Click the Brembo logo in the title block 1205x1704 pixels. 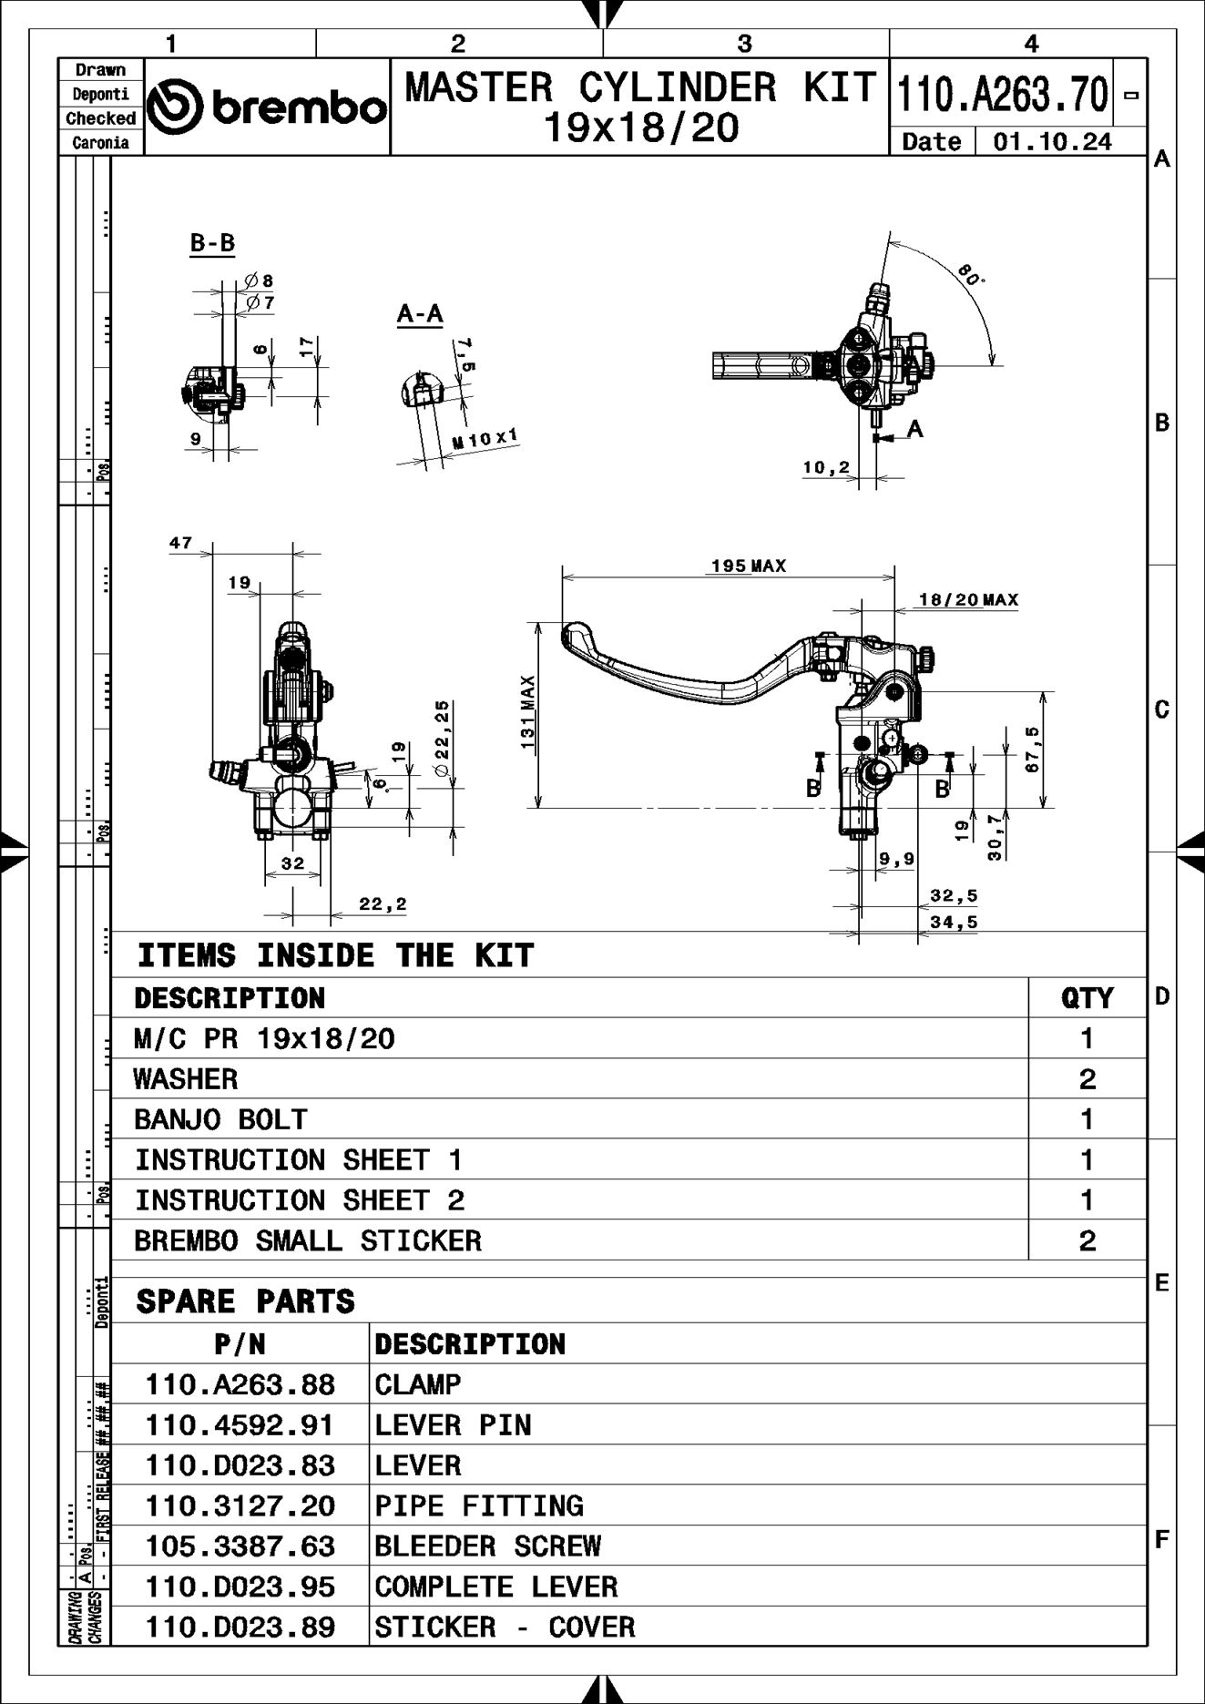coord(267,107)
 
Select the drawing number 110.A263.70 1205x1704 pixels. coord(1002,94)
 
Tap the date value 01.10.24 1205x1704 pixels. coord(1052,142)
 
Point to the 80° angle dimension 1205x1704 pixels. coord(971,275)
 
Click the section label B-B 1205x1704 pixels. coord(212,243)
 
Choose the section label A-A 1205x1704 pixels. coord(420,314)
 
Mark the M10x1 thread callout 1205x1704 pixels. coord(485,440)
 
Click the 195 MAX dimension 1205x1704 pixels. coord(748,566)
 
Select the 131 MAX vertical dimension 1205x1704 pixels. coord(528,712)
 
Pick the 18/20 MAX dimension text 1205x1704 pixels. coord(968,599)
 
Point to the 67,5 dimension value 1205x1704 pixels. coord(1032,749)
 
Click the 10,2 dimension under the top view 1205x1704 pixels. coord(825,468)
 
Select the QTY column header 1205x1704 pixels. coord(1087,998)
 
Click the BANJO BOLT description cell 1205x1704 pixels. coord(221,1119)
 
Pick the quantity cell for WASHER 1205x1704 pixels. coord(1087,1079)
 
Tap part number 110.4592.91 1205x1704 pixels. coord(240,1425)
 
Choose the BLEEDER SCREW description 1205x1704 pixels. coord(488,1546)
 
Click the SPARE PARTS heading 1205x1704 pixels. coord(245,1301)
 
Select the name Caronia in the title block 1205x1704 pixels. coord(100,143)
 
